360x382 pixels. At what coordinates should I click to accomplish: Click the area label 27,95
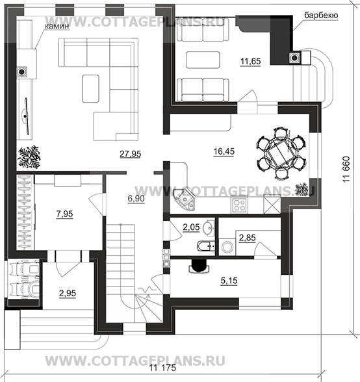pos(130,154)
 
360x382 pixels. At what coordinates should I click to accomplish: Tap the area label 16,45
pos(224,151)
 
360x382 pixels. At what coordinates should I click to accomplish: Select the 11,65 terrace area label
pos(251,61)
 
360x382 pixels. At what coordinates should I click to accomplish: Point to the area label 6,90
pos(136,199)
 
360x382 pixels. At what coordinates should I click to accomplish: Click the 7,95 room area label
pos(64,214)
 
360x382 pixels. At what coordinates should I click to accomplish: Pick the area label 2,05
pos(191,227)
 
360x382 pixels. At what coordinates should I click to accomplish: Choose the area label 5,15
pos(229,281)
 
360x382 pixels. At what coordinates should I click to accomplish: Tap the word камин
pos(57,26)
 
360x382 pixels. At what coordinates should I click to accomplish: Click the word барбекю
pos(321,16)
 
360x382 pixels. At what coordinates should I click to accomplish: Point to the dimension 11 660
pos(346,169)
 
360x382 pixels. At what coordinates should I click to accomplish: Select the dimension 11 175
pos(162,368)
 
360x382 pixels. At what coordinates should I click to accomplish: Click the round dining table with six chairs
pos(281,153)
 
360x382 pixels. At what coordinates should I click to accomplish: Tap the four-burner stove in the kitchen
pos(240,205)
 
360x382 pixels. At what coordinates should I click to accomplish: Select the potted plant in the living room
pos(29,157)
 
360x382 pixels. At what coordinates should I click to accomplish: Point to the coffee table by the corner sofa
pos(91,88)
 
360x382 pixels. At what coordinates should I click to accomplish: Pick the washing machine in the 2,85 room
pos(227,247)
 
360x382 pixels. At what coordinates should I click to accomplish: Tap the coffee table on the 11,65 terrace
pos(203,60)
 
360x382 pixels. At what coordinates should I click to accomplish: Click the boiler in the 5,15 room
pos(199,266)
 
